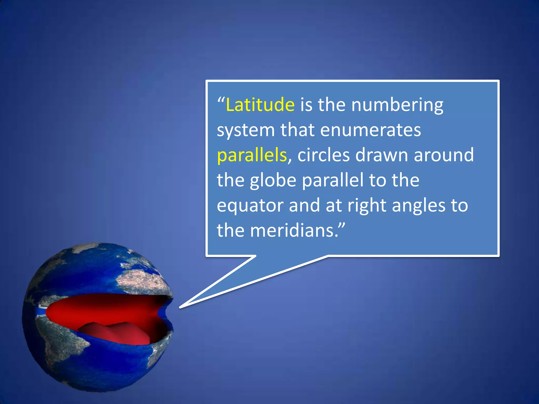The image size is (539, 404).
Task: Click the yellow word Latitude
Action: tap(260, 105)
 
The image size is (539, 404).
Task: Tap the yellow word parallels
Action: tap(252, 155)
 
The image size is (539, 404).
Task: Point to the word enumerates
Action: tap(371, 130)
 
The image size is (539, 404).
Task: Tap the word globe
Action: tap(273, 180)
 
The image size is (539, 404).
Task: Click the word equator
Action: tap(250, 206)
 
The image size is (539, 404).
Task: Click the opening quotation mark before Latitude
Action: tap(221, 100)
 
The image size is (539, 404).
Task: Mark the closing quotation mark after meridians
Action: tap(341, 226)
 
